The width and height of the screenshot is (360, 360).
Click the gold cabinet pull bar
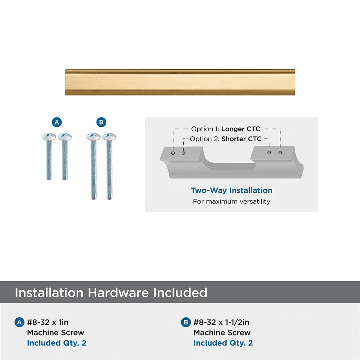[x=180, y=82]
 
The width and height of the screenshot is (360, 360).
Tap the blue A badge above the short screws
[x=57, y=122]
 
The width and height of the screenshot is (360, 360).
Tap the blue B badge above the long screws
[x=101, y=122]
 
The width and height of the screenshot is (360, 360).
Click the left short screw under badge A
[x=49, y=156]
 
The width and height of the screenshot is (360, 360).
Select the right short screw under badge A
[x=65, y=156]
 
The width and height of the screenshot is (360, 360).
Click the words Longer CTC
[x=241, y=129]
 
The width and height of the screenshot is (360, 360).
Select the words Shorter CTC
[x=242, y=139]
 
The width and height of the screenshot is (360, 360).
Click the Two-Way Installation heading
[x=231, y=190]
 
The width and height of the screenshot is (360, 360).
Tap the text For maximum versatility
[x=231, y=201]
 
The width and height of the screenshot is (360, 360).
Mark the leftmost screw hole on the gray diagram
[x=173, y=153]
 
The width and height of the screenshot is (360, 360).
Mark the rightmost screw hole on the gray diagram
[x=280, y=152]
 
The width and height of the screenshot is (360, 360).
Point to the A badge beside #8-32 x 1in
[x=19, y=322]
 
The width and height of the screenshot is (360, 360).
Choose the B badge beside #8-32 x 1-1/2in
[x=186, y=322]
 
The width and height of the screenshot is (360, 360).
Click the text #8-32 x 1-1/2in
[x=221, y=322]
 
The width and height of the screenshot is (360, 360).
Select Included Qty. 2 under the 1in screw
[x=57, y=343]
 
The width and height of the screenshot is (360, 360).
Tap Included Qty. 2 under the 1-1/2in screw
[x=223, y=343]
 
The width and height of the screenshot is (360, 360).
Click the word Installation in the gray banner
[x=49, y=293]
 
